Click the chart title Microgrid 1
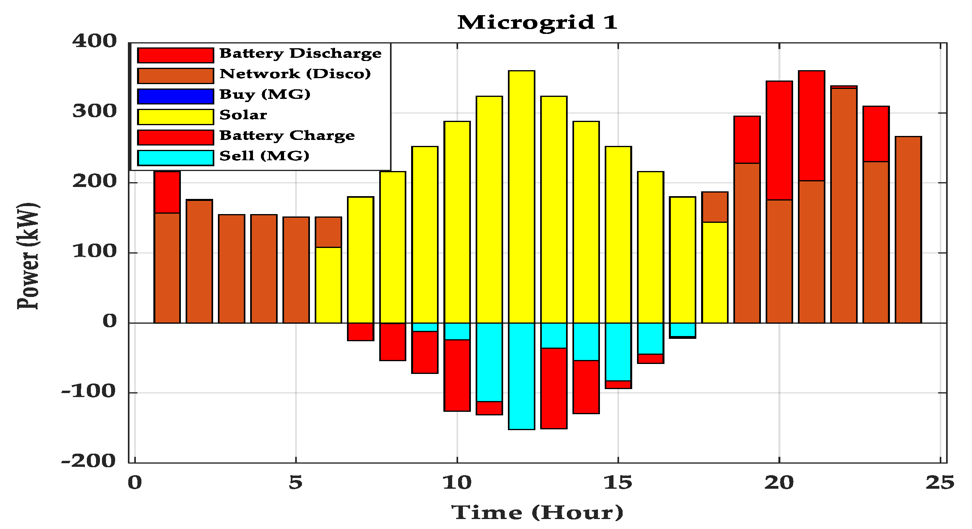click(537, 22)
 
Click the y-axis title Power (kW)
click(28, 256)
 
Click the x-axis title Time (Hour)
click(537, 512)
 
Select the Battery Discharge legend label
click(300, 53)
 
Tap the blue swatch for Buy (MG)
click(175, 96)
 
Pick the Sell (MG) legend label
click(264, 156)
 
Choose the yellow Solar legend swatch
click(175, 117)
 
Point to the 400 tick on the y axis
click(94, 41)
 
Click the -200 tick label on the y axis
click(88, 461)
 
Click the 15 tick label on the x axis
click(618, 483)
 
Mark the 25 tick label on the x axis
click(940, 483)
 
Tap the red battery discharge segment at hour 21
click(811, 126)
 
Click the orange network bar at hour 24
click(908, 230)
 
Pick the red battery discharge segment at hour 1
click(167, 192)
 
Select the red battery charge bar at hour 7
click(361, 332)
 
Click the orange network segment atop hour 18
click(715, 207)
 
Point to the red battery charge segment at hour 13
click(554, 388)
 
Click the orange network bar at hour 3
click(231, 269)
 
